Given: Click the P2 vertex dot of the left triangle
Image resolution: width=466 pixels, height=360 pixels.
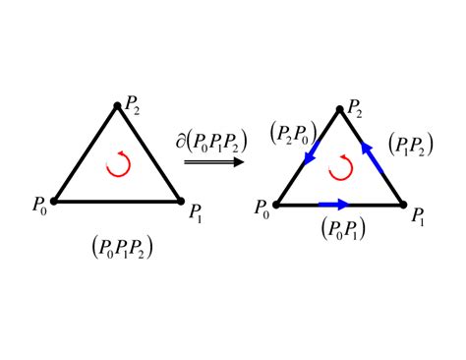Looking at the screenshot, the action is [118, 104].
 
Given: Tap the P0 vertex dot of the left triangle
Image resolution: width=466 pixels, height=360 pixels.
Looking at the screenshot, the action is [53, 201].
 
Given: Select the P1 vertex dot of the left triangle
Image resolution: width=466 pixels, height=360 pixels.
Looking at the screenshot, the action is [182, 201].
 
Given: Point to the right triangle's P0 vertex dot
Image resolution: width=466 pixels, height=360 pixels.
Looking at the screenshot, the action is [276, 205].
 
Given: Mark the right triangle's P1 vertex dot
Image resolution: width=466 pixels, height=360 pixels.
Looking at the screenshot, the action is [404, 205].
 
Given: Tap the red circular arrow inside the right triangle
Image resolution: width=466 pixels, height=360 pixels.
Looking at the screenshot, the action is [340, 169].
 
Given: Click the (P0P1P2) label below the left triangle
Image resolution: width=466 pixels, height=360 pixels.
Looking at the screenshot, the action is [119, 247].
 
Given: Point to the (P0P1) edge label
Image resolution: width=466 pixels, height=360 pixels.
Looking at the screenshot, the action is [340, 229].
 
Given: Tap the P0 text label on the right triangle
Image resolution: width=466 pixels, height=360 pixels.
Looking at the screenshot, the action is [261, 209].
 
